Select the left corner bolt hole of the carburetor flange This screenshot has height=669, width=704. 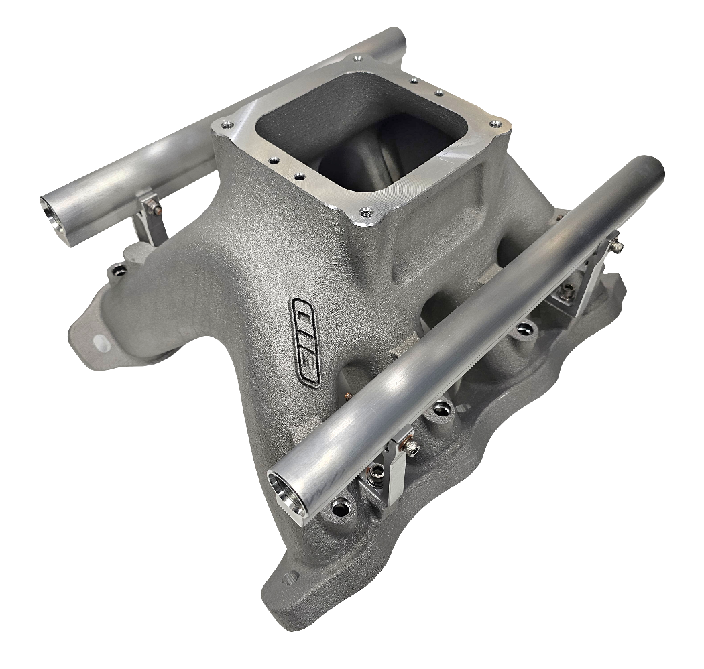click(225, 125)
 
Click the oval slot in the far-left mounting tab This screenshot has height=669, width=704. click(101, 343)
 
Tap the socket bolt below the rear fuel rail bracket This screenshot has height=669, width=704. click(120, 270)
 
